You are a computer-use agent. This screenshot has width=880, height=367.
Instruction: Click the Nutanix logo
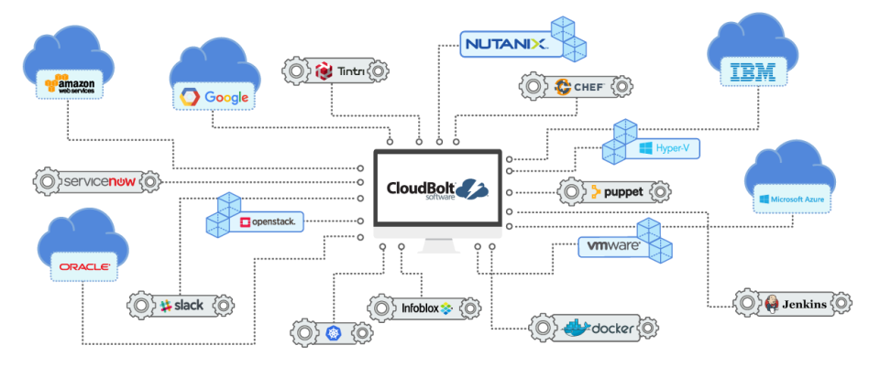click(506, 43)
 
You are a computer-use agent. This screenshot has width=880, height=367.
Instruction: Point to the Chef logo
click(575, 88)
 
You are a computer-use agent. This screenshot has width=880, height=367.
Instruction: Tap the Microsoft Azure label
click(791, 199)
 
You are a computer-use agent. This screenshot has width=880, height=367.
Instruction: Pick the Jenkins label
click(794, 304)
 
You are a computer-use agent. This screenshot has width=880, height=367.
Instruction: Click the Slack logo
click(181, 305)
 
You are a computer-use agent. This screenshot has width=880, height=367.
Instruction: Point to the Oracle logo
click(84, 267)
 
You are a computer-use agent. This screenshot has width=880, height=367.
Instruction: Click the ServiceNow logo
click(97, 182)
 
